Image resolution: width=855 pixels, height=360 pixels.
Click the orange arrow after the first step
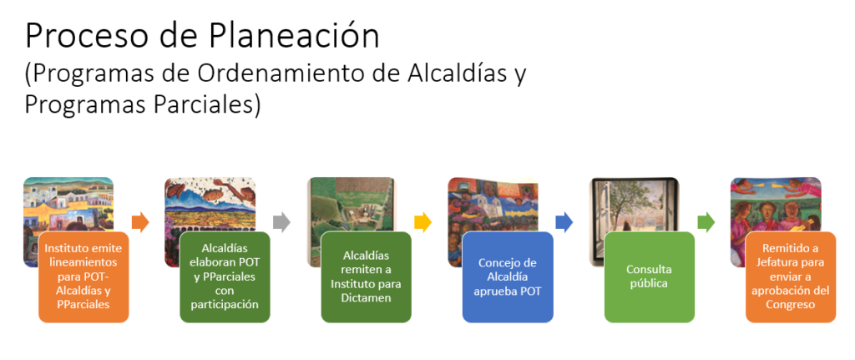140,222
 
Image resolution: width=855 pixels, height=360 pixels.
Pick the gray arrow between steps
281,222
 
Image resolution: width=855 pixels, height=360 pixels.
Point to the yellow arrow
422,222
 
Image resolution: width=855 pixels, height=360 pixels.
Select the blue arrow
564,222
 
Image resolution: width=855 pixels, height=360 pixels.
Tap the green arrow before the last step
706,222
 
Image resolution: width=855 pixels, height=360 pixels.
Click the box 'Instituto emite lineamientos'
83,277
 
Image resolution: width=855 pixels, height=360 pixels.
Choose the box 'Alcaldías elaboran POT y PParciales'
225,277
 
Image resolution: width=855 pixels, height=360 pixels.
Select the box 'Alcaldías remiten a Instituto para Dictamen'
366,277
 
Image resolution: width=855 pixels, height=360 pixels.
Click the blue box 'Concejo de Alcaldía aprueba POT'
508,277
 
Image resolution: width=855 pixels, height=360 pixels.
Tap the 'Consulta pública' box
649,277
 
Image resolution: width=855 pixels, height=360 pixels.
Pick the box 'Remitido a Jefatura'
791,277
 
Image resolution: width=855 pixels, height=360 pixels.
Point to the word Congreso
791,305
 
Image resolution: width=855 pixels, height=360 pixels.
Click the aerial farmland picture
351,205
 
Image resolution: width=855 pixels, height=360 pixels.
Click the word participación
225,305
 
